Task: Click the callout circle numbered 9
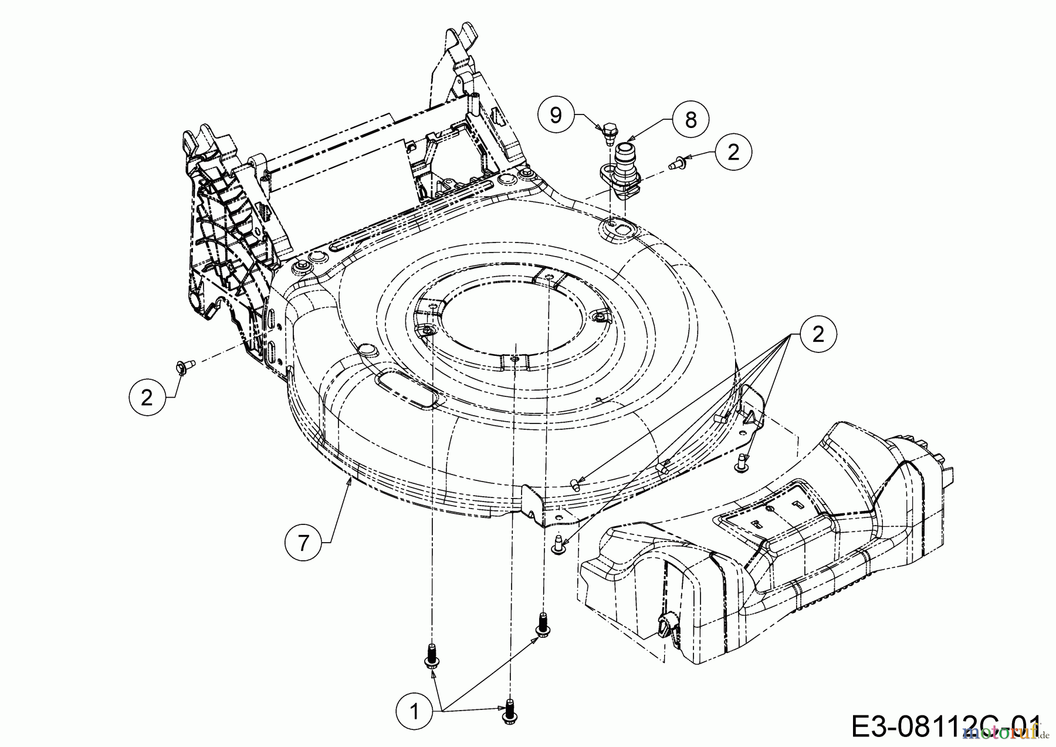(x=555, y=115)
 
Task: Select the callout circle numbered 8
(x=691, y=120)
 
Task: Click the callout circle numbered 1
(x=414, y=712)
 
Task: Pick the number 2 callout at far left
(x=147, y=398)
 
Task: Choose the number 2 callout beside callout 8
(x=733, y=152)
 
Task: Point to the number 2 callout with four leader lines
(x=818, y=334)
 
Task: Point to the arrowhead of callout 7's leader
(x=351, y=479)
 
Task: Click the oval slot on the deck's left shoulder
(x=407, y=387)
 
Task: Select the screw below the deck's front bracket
(x=559, y=543)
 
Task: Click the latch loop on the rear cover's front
(x=666, y=628)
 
